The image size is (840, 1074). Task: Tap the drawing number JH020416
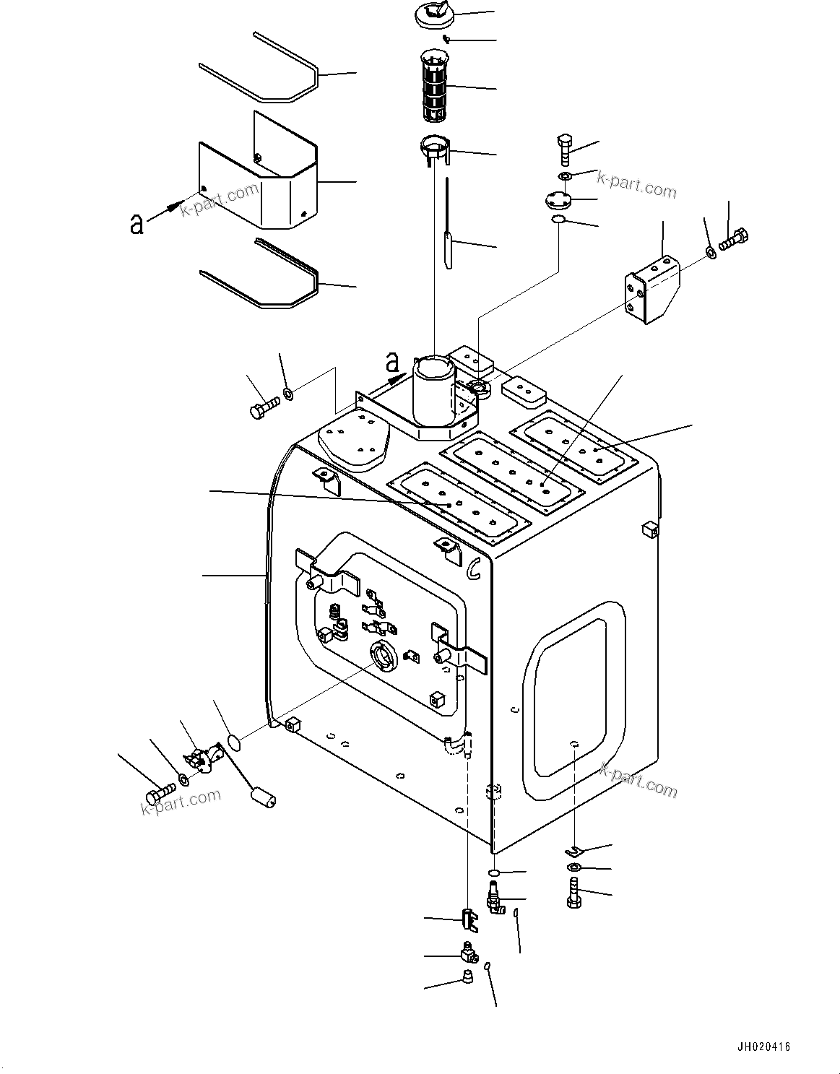click(x=764, y=1046)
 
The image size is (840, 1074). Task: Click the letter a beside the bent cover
click(x=136, y=225)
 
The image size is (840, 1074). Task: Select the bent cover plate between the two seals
click(x=274, y=188)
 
